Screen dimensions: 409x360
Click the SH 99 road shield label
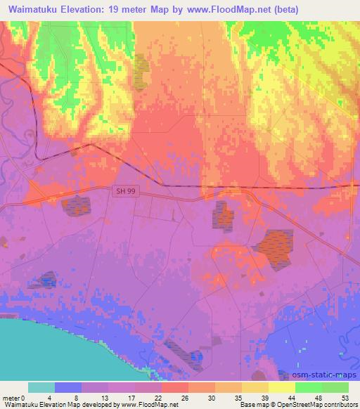(x=124, y=190)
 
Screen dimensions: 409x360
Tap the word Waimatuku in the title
(x=32, y=10)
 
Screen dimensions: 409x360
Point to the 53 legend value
(x=345, y=398)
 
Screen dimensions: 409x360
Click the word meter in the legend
(x=13, y=398)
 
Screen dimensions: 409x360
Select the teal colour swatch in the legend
(x=41, y=387)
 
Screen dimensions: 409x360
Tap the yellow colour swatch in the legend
(x=282, y=387)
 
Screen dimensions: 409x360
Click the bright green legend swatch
(x=309, y=387)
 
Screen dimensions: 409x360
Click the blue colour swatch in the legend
(x=68, y=387)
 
